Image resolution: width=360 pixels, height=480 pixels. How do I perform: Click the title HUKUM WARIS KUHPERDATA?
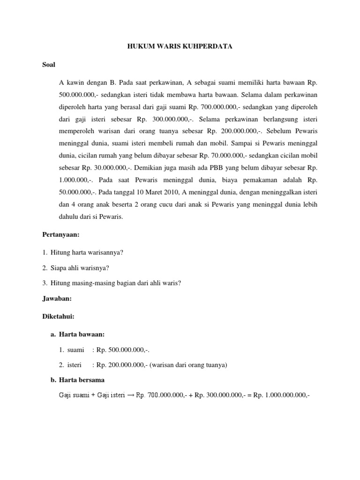pyautogui.click(x=180, y=47)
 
